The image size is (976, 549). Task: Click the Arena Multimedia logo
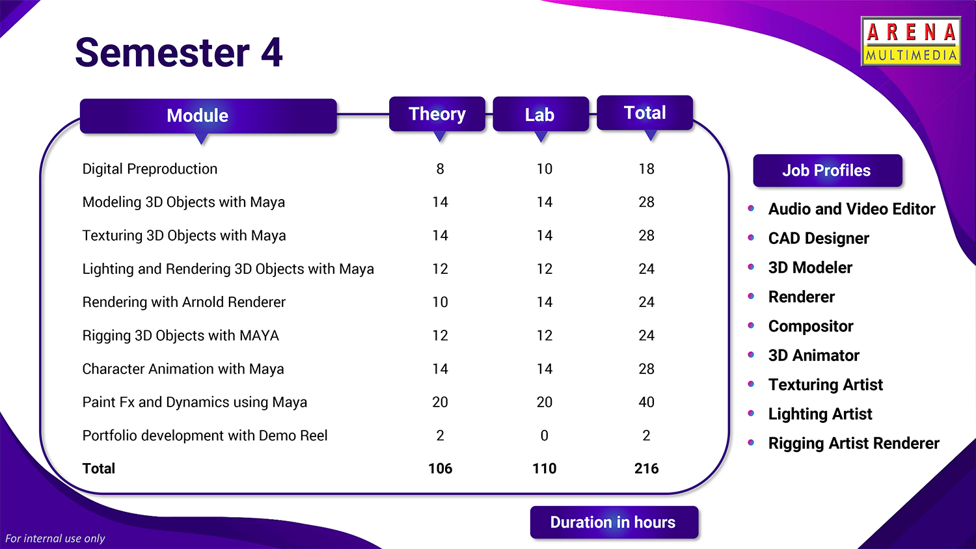pos(911,42)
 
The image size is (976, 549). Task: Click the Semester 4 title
pos(179,53)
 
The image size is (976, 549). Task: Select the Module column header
pos(208,116)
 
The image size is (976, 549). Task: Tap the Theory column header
pos(437,114)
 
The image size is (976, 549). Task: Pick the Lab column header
pos(541,114)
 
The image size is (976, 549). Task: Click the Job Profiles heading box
pos(828,170)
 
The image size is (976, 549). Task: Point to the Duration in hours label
pos(614,522)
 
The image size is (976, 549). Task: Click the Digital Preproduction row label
pos(150,169)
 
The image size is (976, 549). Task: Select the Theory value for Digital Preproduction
pos(440,169)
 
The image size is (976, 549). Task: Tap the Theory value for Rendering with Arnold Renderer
pos(440,302)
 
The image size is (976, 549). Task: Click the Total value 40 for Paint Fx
pos(647,402)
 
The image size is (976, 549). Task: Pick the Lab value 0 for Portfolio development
pos(544,435)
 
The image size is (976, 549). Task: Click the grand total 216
pos(647,468)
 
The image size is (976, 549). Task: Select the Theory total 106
pos(440,468)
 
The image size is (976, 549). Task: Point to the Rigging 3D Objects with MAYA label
pos(181,336)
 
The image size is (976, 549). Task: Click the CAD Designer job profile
pos(819,238)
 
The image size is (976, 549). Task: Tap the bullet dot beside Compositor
pos(751,325)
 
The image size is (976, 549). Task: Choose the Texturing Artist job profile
pos(826,384)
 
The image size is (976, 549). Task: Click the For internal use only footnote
pos(55,539)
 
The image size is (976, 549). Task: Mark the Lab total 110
pos(544,468)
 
